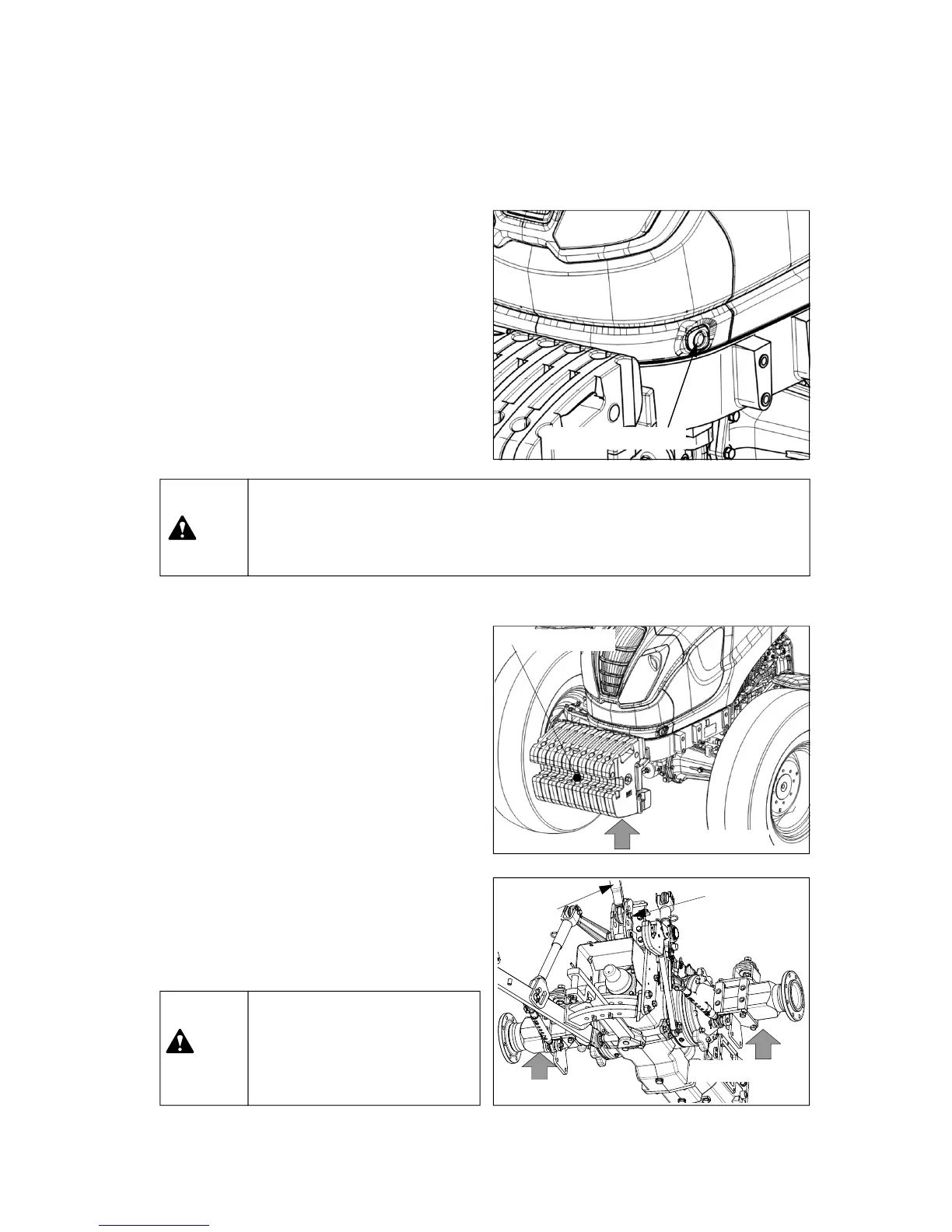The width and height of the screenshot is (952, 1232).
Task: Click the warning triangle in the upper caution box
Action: click(182, 528)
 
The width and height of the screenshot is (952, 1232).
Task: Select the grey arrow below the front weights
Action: click(621, 837)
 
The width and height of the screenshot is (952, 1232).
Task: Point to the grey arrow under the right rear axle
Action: click(765, 1043)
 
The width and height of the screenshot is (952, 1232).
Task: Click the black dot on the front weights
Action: click(577, 777)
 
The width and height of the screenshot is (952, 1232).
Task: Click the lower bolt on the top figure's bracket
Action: click(764, 399)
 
